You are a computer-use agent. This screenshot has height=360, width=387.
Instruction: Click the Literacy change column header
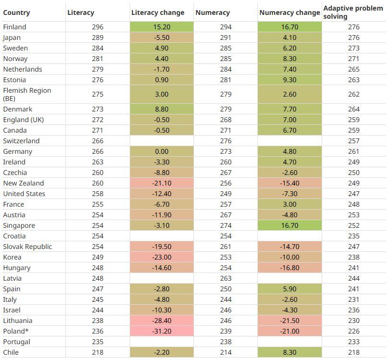point(157,12)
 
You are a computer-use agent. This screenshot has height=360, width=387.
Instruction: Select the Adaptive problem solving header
point(353,12)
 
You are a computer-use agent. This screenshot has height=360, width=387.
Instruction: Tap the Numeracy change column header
point(290,12)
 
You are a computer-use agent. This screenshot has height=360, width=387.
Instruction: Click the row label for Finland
point(14,27)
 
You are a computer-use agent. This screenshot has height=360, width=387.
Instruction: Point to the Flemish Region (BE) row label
point(27,94)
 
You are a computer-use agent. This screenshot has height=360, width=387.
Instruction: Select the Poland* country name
point(16,331)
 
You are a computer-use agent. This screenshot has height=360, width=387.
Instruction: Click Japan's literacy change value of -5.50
point(162,37)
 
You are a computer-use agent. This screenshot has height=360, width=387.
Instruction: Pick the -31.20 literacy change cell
point(162,331)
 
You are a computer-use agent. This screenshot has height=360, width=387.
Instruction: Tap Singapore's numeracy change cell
point(290,225)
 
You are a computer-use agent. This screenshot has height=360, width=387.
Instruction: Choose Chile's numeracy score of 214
point(226,352)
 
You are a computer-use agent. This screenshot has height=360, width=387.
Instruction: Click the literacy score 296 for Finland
point(98,27)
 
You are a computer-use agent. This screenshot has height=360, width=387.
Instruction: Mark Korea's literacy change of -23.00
point(162,257)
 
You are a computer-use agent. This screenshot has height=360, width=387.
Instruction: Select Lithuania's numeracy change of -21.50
point(290,321)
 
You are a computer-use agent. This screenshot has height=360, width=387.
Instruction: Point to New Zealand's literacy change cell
point(162,183)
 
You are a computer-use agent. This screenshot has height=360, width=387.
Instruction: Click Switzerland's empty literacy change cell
point(162,141)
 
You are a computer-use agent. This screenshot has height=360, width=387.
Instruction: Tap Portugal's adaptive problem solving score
point(354,342)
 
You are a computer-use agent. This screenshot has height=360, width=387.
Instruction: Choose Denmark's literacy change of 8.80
point(162,109)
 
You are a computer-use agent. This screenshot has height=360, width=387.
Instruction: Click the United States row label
point(24,194)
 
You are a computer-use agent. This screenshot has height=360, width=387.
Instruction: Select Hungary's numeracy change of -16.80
point(290,268)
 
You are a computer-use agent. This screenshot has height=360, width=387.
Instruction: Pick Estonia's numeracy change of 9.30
point(290,80)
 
